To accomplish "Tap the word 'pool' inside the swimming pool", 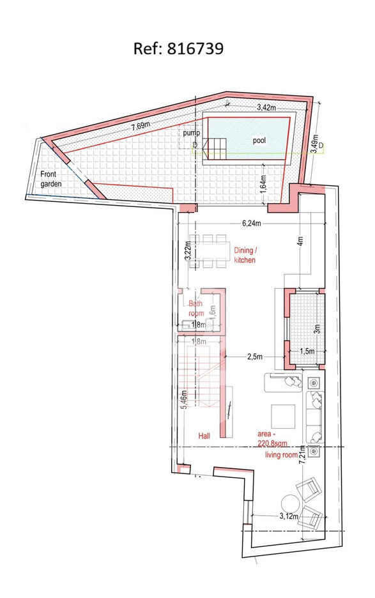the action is [x=259, y=141].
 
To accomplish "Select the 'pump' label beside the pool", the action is [x=191, y=134].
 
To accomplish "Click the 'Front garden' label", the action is [x=50, y=179].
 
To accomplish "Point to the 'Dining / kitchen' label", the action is [x=245, y=255].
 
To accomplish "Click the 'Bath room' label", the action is [x=196, y=309].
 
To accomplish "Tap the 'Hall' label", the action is [x=204, y=436].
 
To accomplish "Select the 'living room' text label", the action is [x=282, y=455].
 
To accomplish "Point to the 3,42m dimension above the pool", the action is [x=266, y=107].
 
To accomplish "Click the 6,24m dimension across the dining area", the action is [x=252, y=224].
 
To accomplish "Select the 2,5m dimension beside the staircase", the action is [x=255, y=356].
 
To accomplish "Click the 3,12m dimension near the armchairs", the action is [x=289, y=516].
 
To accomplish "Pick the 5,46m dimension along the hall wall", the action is [x=184, y=400].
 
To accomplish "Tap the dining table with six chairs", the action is [x=209, y=251].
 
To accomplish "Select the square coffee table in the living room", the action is [x=283, y=416].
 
